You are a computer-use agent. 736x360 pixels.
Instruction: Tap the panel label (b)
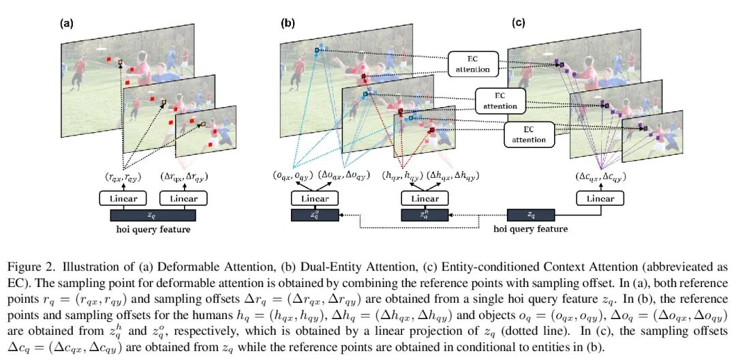point(288,22)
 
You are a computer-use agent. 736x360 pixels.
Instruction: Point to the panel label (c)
point(519,22)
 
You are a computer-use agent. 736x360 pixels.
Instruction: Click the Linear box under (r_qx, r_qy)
point(123,198)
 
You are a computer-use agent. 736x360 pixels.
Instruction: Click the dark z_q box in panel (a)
point(153,215)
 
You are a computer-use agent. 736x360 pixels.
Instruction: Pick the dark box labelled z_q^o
point(315,215)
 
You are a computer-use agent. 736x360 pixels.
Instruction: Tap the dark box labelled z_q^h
point(424,215)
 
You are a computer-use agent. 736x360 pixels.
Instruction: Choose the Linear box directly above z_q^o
point(315,198)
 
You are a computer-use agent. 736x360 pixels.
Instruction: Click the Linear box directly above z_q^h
point(424,198)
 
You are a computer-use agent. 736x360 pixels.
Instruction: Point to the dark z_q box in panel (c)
point(530,215)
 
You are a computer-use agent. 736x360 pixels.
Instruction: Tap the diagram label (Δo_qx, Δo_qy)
point(343,176)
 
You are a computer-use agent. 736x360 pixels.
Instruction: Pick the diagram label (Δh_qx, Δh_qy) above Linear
point(453,176)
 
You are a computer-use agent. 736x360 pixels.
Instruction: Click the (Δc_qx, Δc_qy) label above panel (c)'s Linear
point(599,176)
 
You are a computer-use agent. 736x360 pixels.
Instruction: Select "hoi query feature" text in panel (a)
point(153,229)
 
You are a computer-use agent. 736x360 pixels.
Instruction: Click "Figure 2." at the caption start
point(28,266)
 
